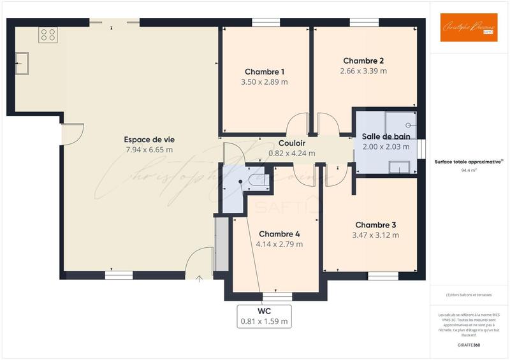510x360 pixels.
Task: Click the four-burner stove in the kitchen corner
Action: coord(48,34)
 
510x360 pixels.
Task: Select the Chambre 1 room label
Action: coord(265,71)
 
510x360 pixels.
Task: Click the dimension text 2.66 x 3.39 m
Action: coord(363,71)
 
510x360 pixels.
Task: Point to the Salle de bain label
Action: coord(386,136)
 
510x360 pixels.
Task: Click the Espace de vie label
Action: coord(149,140)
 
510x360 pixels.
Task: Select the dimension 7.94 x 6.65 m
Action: coord(149,150)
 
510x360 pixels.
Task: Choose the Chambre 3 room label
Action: coord(375,225)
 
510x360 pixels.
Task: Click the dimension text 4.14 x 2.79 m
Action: coord(279,244)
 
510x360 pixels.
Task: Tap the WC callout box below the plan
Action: coord(265,316)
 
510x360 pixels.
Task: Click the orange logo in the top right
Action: coord(469,27)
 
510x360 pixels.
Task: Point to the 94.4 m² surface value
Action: coord(469,171)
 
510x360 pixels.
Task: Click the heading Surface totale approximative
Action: coord(469,162)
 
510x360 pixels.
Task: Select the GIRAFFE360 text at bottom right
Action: coord(469,343)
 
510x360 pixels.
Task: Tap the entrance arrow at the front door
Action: coord(200,278)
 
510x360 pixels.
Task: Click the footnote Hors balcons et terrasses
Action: coord(469,294)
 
